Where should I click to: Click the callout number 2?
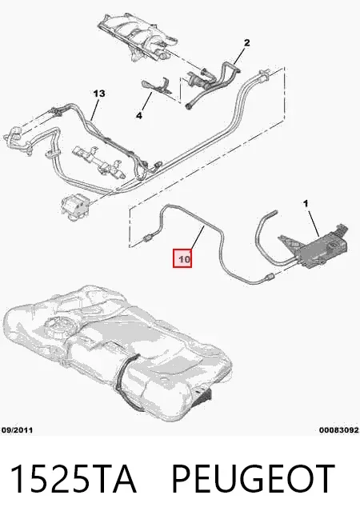246,42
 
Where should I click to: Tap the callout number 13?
99,94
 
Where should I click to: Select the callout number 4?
139,116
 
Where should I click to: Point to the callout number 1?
306,203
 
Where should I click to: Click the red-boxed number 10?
182,258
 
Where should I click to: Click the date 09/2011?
17,430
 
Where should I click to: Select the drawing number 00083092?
338,430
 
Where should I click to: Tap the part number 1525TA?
74,479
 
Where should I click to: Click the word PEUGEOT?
253,479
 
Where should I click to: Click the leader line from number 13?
94,109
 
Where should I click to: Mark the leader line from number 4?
146,102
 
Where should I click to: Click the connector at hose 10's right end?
270,277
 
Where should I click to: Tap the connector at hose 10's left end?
147,238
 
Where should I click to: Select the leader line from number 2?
240,56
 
